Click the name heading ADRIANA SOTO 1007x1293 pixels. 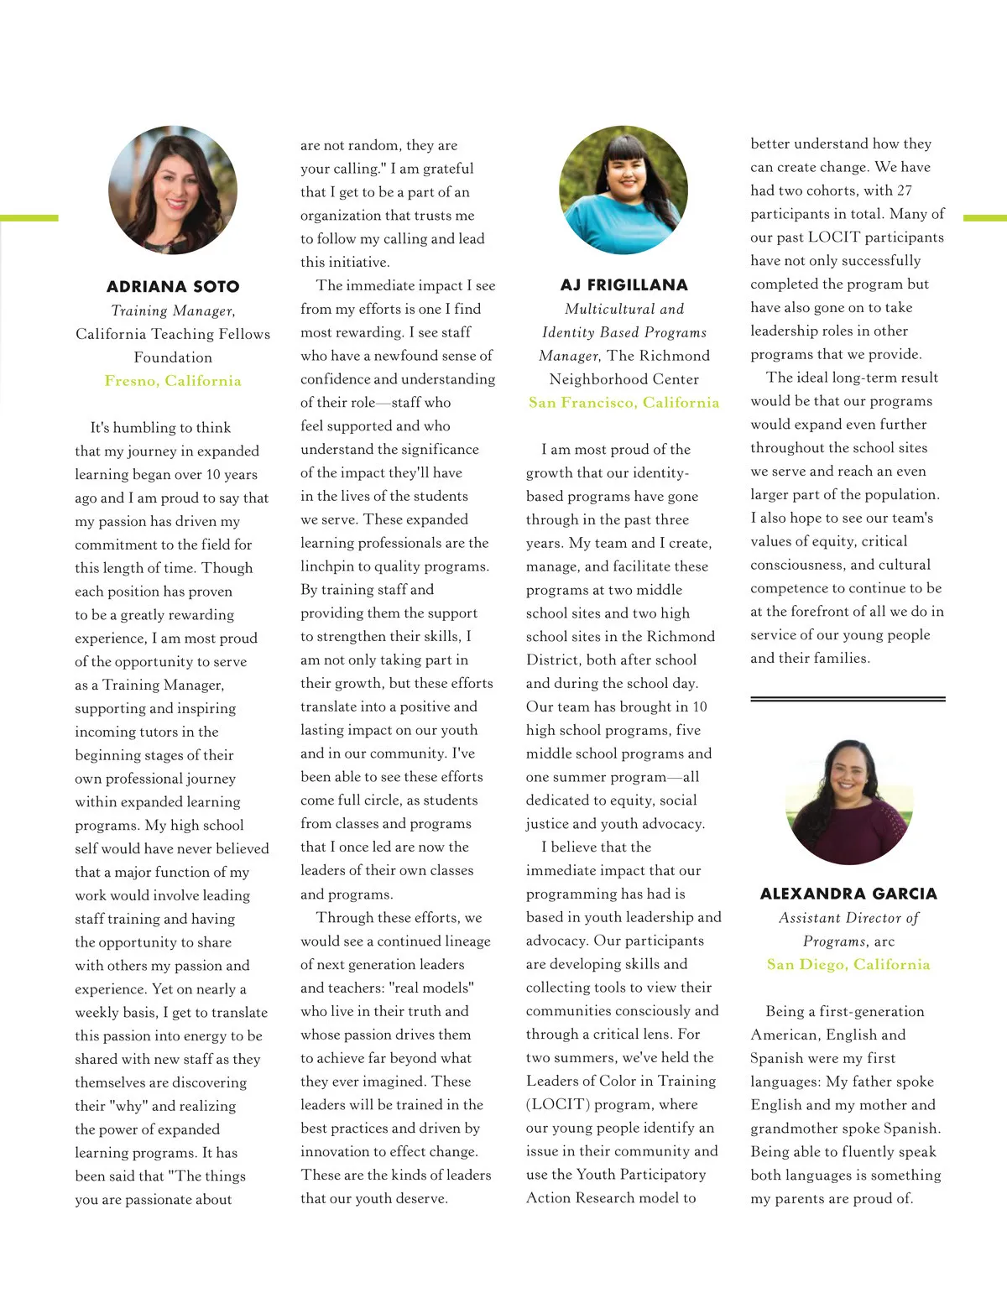173,287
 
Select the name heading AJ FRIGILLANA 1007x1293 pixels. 624,285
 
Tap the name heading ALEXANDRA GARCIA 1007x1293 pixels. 848,894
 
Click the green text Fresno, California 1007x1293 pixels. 173,381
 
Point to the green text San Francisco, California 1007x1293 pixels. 624,403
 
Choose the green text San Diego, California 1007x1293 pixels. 848,964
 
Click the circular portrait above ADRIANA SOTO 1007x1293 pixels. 173,190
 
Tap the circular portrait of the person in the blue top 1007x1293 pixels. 624,190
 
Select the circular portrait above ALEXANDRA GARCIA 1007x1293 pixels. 848,801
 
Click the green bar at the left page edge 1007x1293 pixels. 29,218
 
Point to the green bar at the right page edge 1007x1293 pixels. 984,218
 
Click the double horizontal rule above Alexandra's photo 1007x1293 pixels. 848,698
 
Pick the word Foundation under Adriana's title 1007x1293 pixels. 173,357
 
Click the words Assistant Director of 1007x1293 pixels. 848,918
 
